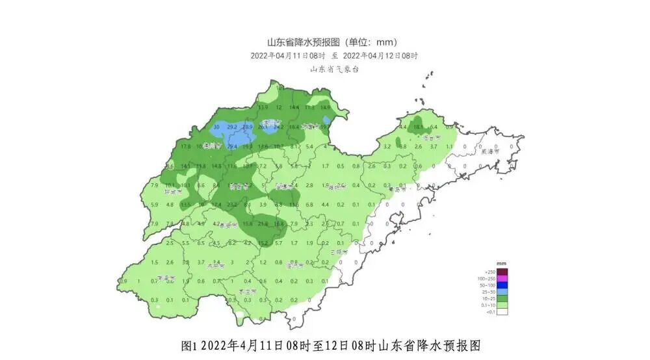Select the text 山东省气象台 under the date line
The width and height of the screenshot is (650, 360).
(334, 69)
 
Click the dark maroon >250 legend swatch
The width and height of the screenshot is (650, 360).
(502, 272)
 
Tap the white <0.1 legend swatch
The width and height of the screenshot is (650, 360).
(502, 311)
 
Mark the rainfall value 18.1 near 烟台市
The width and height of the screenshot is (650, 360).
(418, 127)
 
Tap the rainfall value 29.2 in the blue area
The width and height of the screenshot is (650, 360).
(232, 127)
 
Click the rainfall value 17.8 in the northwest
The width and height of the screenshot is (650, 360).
(186, 147)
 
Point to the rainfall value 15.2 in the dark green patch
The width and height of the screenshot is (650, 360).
(263, 243)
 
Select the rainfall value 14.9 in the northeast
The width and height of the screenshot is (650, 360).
(325, 107)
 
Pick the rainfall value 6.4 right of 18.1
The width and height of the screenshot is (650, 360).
(434, 127)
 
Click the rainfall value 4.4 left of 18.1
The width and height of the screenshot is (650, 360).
(402, 127)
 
